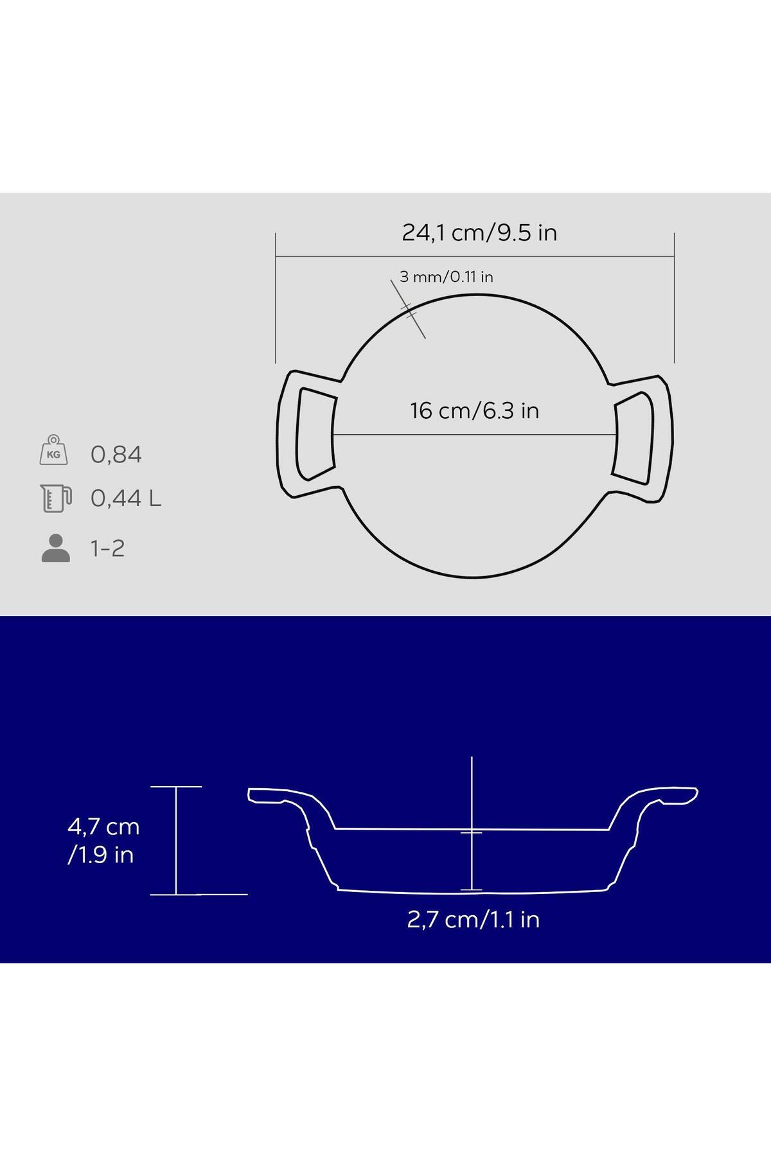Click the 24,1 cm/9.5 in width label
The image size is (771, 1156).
coord(479,232)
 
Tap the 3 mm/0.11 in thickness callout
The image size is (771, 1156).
coord(446,277)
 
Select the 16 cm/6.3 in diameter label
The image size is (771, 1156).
coord(474,410)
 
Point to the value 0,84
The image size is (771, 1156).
coord(116,455)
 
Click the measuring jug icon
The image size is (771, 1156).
coord(55,498)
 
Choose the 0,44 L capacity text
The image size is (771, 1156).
coord(126,498)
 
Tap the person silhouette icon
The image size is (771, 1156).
coord(56,548)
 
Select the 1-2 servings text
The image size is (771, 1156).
coord(107,548)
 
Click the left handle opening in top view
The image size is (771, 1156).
coord(315,434)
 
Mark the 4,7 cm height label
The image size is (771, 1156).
coord(103,827)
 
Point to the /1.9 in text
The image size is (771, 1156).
coord(101,855)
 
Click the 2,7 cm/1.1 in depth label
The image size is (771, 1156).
coord(474,920)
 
